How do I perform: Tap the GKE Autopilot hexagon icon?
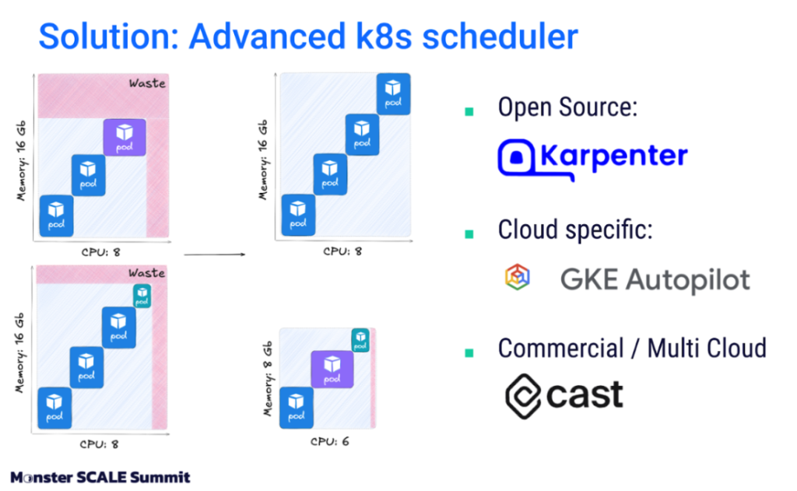(x=518, y=277)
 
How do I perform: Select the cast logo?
(x=564, y=396)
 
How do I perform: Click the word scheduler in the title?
(x=500, y=37)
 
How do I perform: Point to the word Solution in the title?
(x=109, y=37)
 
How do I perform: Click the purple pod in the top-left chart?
(x=125, y=137)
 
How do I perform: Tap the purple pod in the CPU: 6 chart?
(x=332, y=370)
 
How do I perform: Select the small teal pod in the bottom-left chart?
(x=142, y=296)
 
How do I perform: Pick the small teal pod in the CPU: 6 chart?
(x=360, y=340)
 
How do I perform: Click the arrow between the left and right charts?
(x=215, y=254)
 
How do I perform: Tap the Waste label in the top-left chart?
(x=147, y=83)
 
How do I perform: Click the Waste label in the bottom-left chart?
(x=147, y=273)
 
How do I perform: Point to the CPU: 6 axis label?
(x=330, y=441)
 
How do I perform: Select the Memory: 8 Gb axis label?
(x=268, y=379)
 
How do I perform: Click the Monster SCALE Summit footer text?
(x=100, y=477)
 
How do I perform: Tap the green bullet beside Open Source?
(x=469, y=111)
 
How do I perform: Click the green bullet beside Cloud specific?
(x=469, y=233)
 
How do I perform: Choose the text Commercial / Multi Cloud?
(x=632, y=349)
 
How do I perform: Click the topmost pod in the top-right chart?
(x=393, y=93)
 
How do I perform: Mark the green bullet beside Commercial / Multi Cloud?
(x=469, y=352)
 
